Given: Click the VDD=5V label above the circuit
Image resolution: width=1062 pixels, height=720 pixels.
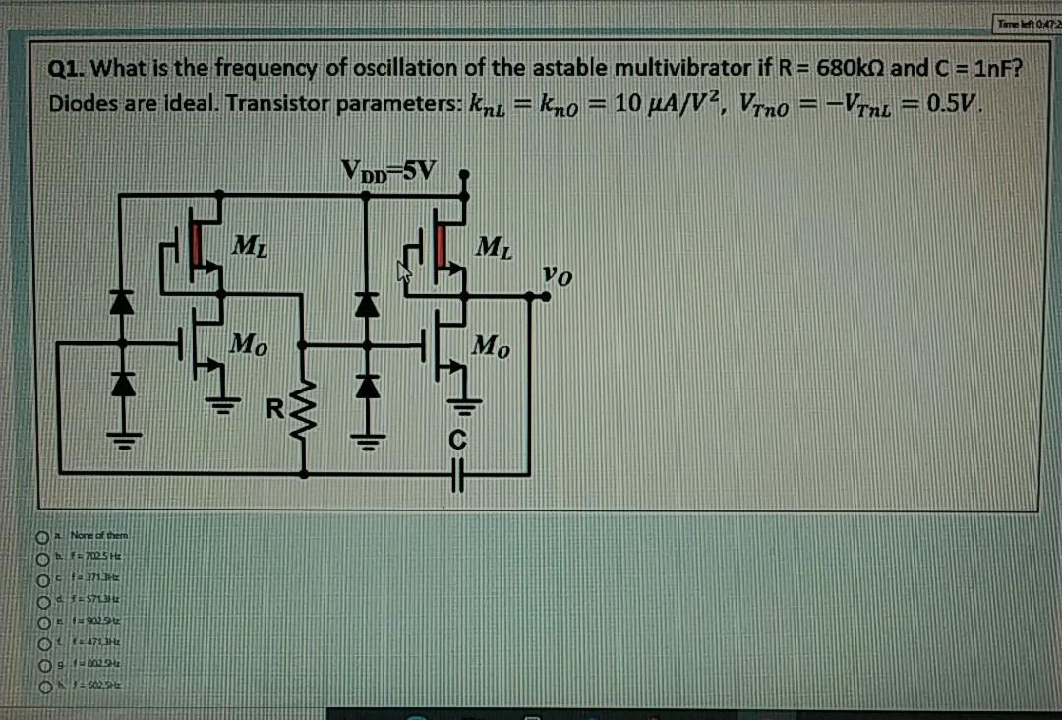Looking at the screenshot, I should click(x=386, y=170).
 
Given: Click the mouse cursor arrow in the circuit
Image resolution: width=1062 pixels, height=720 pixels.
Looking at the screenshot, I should click(x=402, y=270).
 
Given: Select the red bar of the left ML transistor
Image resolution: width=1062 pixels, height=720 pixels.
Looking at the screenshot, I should click(x=199, y=245).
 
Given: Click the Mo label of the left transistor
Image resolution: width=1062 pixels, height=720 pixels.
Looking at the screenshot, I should click(x=247, y=345).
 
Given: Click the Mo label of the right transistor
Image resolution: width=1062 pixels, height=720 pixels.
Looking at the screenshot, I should click(x=490, y=345).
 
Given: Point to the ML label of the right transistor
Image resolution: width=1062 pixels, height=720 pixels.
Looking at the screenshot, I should click(x=491, y=244).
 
